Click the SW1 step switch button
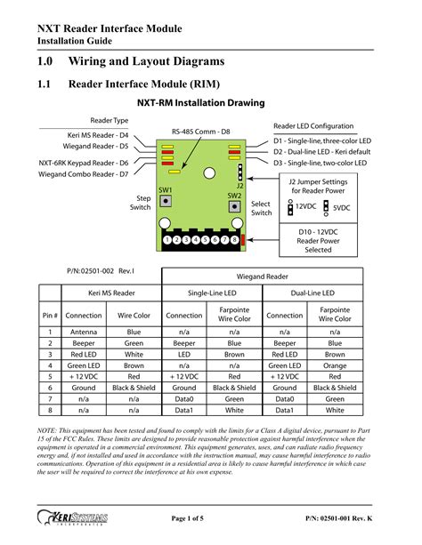point(166,201)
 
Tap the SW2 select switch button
point(234,206)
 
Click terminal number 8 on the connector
point(234,239)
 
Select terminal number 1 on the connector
point(167,239)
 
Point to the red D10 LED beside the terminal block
point(243,240)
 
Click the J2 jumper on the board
point(239,172)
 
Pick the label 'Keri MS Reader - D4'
point(98,135)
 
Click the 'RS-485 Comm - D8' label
point(201,132)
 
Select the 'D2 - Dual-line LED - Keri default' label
point(321,152)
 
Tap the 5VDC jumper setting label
point(341,208)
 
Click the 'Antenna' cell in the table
point(84,332)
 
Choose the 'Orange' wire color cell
point(335,365)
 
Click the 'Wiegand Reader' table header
point(262,277)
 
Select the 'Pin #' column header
point(50,316)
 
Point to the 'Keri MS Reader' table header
point(111,293)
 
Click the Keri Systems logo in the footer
point(72,517)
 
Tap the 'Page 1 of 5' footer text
point(187,518)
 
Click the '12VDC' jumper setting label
point(305,206)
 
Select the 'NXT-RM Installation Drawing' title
point(201,103)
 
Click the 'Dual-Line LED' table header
point(312,293)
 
